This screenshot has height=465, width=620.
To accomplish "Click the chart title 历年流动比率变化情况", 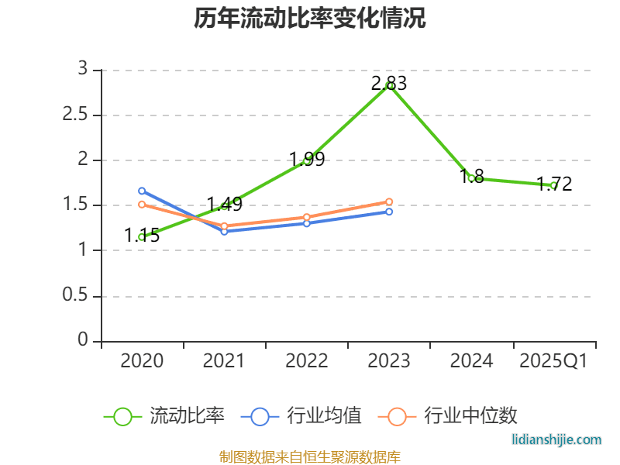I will [x=310, y=19].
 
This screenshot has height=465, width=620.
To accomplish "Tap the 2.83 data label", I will [x=388, y=84].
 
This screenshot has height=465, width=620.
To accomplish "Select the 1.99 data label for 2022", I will [x=307, y=160].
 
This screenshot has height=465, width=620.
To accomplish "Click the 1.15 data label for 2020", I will [x=142, y=236].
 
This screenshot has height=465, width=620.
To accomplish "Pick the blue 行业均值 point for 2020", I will [x=142, y=191].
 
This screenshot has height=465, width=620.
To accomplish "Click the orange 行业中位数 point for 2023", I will [x=389, y=201].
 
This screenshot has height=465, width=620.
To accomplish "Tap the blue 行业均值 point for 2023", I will [x=389, y=212].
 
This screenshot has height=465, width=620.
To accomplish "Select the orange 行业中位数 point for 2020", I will [x=142, y=205].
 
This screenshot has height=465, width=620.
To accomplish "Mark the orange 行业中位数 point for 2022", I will [x=307, y=218].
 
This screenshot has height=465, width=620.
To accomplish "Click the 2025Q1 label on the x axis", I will [x=553, y=361].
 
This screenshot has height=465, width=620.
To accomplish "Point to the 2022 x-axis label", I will [x=307, y=361].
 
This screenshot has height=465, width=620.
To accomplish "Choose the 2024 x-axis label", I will [x=471, y=361].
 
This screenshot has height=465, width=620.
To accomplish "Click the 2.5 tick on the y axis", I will [x=78, y=115].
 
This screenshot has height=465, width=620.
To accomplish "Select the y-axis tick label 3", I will [x=83, y=70].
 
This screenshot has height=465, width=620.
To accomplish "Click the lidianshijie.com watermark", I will [x=557, y=439].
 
